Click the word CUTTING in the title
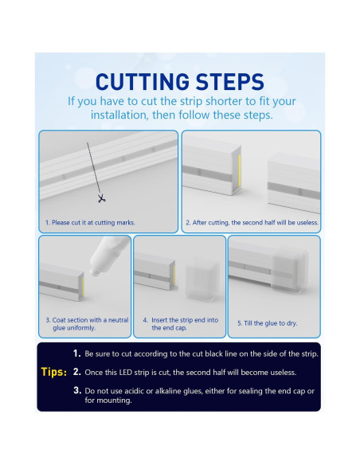tap(143, 81)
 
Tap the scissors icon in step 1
tap(101, 198)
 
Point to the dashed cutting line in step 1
tap(94, 169)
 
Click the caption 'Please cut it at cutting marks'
tap(90, 222)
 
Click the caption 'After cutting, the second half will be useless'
tap(252, 222)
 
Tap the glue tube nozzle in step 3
tap(96, 272)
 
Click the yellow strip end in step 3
tap(83, 286)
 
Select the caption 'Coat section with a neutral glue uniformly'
tap(87, 324)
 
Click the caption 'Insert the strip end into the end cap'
tap(181, 324)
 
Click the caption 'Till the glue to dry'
tap(267, 323)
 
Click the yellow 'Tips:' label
tap(54, 372)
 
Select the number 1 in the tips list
tap(76, 354)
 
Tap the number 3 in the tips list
tap(77, 390)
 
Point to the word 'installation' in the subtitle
tap(119, 115)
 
